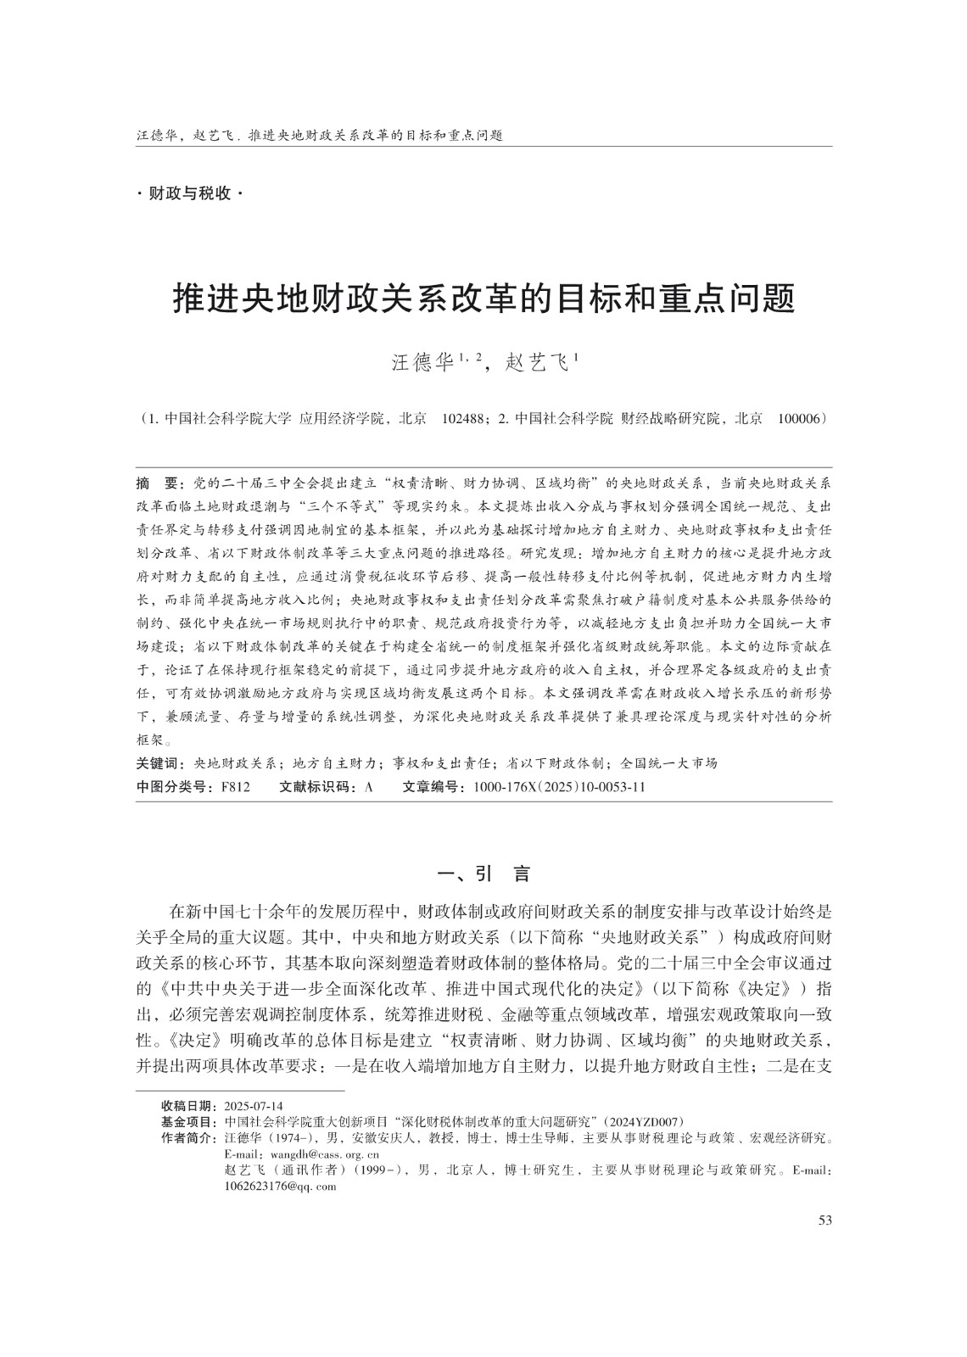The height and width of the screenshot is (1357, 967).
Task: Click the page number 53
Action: tap(824, 1220)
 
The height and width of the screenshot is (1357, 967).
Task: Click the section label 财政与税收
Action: tap(189, 194)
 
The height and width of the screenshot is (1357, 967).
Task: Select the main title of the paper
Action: tap(483, 299)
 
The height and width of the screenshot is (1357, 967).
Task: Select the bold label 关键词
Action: tap(161, 763)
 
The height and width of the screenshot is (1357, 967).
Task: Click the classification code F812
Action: tap(235, 787)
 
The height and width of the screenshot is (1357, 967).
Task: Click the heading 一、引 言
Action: tap(483, 874)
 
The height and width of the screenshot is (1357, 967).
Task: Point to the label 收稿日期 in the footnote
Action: tap(188, 1106)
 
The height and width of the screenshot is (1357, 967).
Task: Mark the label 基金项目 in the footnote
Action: tap(188, 1121)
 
